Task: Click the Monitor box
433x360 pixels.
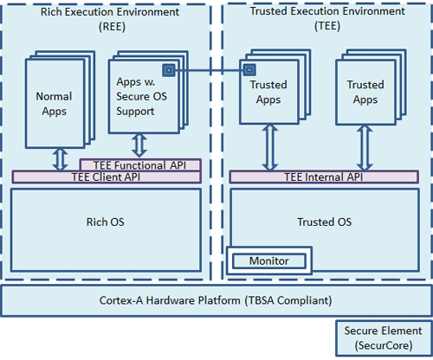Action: tap(269, 261)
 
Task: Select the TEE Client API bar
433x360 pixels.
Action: tap(107, 177)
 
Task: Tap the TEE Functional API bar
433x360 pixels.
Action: tap(140, 165)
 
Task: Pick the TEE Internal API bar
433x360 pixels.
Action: tap(324, 177)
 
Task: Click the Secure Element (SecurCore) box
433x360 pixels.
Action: tap(384, 338)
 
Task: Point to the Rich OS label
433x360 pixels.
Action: tap(106, 222)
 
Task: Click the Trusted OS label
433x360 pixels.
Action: tap(325, 222)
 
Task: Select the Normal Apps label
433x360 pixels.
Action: tap(54, 104)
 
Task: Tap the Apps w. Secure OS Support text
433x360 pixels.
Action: tap(141, 97)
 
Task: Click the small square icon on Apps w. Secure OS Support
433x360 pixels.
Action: tap(169, 70)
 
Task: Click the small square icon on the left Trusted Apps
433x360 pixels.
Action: tap(249, 70)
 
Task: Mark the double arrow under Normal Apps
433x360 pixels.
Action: tap(61, 160)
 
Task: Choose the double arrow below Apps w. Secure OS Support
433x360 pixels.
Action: tap(139, 145)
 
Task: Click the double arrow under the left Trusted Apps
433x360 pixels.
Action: tap(270, 148)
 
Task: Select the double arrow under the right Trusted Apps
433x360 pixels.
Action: tap(365, 148)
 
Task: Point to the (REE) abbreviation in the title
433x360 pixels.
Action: tap(112, 27)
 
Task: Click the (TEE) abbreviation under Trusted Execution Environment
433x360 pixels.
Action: tap(327, 26)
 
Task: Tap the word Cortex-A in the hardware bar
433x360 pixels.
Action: tap(121, 300)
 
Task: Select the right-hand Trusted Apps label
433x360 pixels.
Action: tap(365, 92)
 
